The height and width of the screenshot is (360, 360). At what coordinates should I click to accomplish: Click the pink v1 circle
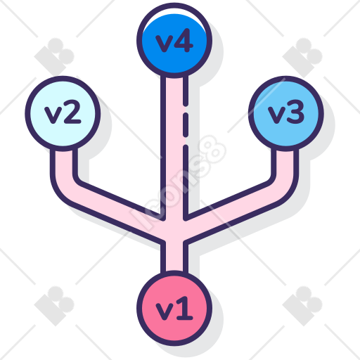174,308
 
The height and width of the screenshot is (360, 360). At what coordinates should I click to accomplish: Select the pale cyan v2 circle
63,113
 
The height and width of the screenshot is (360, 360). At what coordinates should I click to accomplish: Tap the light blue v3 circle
286,113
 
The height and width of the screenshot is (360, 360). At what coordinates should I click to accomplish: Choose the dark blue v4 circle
174,40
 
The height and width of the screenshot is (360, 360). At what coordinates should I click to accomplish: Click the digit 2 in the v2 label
72,112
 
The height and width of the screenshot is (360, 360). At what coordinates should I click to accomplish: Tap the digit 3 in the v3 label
296,112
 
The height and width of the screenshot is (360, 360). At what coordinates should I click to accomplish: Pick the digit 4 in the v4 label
184,40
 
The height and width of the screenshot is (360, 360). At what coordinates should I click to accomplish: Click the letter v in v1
165,311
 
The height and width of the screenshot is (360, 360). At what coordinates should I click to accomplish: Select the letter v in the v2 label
53,115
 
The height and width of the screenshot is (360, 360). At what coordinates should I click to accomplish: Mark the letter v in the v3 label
277,115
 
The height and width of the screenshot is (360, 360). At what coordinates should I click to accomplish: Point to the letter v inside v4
165,44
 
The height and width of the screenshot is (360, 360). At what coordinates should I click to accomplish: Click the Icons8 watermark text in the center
178,183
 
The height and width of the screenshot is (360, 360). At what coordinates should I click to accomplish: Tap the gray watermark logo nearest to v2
54,57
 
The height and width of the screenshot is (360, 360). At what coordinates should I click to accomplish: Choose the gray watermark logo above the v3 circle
302,57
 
